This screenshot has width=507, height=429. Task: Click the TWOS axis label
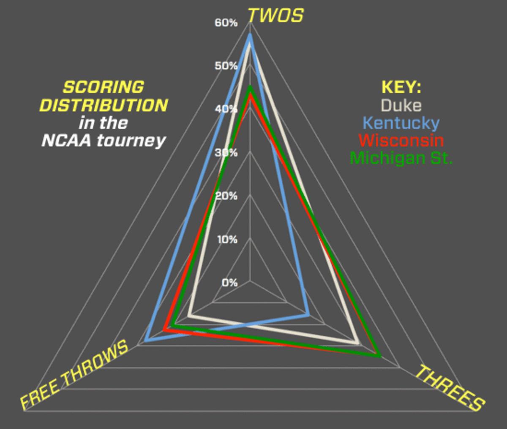click(x=275, y=16)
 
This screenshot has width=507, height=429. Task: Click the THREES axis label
click(x=450, y=388)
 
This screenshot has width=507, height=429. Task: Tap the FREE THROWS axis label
click(x=74, y=375)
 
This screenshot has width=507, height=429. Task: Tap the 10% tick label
click(x=227, y=239)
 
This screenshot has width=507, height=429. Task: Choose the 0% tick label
click(x=229, y=282)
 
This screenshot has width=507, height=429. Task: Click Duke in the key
click(x=401, y=105)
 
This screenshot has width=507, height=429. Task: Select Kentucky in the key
click(x=401, y=123)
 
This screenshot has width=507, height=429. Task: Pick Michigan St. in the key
click(x=401, y=158)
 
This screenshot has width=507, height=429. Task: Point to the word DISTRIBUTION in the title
click(x=104, y=105)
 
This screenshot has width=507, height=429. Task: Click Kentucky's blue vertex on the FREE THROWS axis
click(x=146, y=340)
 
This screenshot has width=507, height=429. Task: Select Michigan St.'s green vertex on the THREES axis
click(x=380, y=356)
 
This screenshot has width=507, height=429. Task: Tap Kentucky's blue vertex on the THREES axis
click(x=308, y=314)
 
